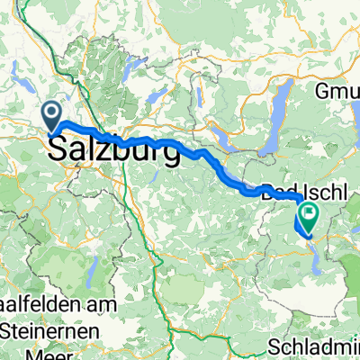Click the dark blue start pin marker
point(52,116)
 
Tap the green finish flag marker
point(310,214)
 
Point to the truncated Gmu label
point(338,91)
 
